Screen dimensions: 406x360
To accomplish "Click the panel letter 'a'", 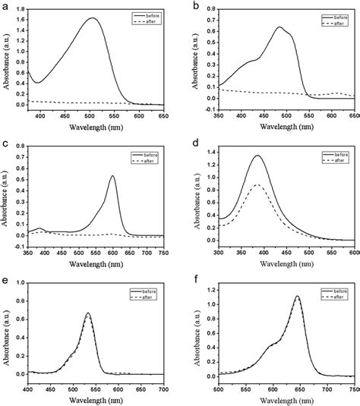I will click(x=5, y=5).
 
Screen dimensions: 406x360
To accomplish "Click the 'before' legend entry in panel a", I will click(x=152, y=13).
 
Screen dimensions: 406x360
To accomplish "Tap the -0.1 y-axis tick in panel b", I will click(x=206, y=109).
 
